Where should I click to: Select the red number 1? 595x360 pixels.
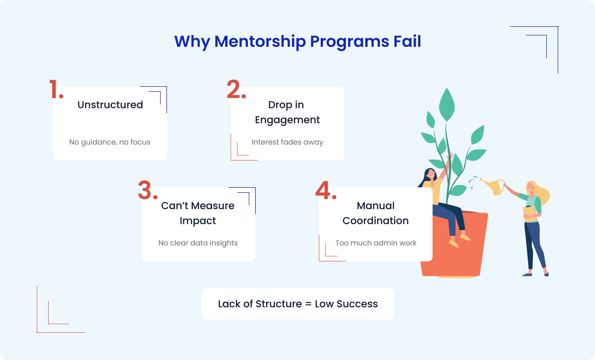(56, 90)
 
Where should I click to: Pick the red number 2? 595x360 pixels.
(236, 90)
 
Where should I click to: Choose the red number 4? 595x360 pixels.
(325, 190)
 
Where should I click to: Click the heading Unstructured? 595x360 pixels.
(110, 105)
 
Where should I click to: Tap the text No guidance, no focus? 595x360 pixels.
(110, 142)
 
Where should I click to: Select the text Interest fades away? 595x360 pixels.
(287, 142)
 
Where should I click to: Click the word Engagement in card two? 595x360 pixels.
(287, 120)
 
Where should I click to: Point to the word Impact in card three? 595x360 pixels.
(198, 221)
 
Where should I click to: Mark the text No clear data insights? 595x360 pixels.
(198, 243)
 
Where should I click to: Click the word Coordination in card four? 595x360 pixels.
(375, 221)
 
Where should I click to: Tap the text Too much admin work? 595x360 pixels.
(376, 243)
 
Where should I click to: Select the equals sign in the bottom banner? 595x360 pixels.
(308, 304)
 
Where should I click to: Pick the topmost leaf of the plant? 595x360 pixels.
(447, 104)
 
